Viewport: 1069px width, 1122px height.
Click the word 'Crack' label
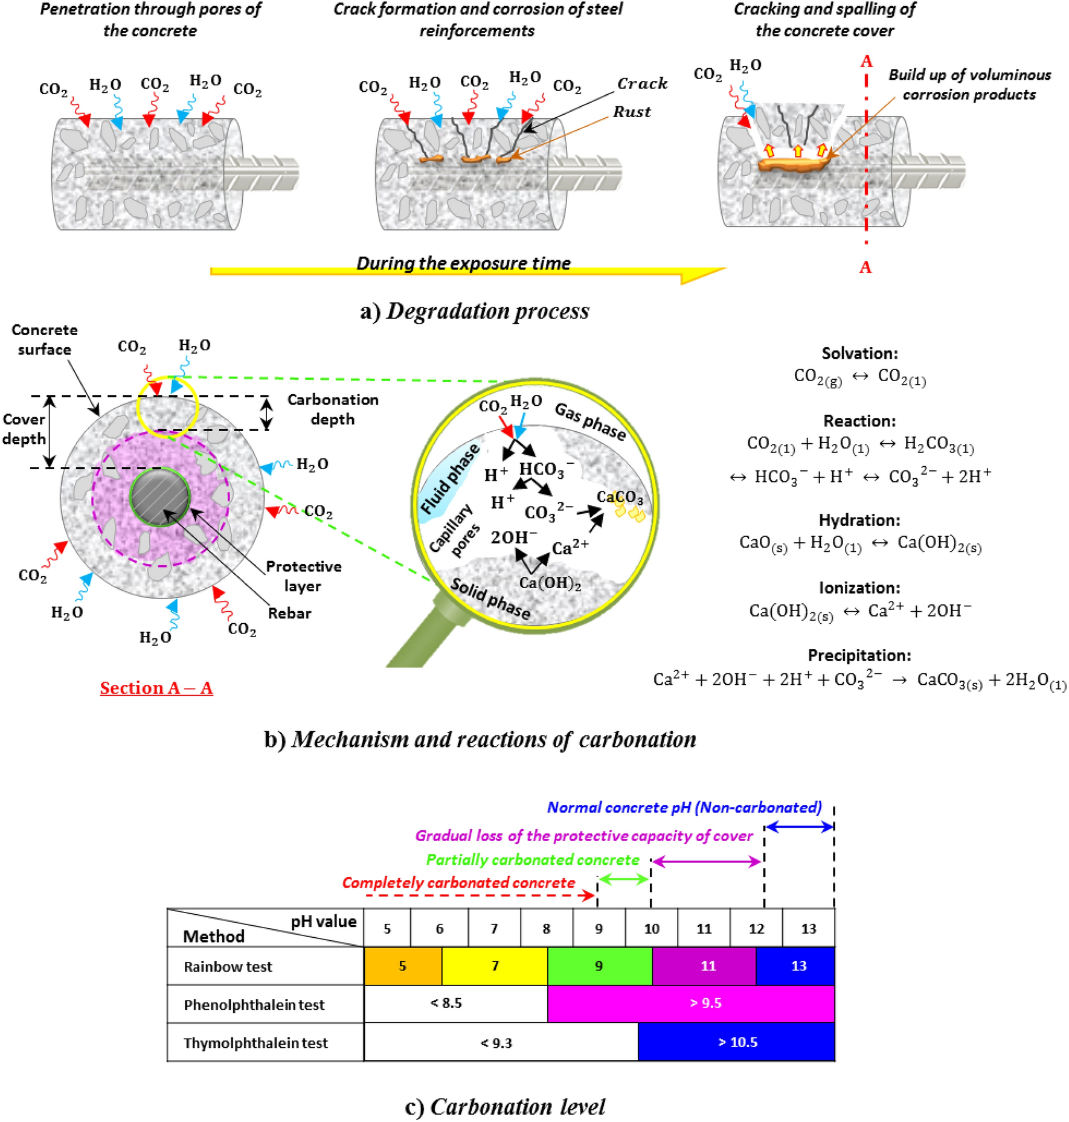(x=642, y=83)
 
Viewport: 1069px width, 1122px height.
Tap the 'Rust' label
(x=632, y=112)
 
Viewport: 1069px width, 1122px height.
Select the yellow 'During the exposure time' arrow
(x=465, y=271)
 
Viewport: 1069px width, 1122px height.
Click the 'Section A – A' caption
(x=156, y=688)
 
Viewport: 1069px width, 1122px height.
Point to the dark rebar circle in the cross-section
(x=160, y=496)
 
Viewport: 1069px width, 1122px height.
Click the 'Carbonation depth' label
(x=333, y=409)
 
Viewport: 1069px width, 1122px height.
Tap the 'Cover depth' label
(x=24, y=429)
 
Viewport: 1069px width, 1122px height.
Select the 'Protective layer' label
(x=303, y=576)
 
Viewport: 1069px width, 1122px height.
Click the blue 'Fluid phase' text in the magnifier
(x=450, y=479)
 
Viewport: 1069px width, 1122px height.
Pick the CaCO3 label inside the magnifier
(x=620, y=497)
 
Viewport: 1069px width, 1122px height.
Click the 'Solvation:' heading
(x=859, y=353)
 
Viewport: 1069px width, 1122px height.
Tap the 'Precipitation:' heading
(x=859, y=655)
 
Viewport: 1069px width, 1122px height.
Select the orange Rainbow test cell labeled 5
(x=402, y=966)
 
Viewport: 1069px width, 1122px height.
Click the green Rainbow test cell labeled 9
(x=599, y=966)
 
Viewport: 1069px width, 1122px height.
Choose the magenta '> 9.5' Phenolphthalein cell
(x=705, y=1003)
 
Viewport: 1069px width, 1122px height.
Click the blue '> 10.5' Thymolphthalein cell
(x=737, y=1042)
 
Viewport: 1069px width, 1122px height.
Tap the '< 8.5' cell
(x=446, y=1003)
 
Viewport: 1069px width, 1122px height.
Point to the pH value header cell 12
(x=756, y=929)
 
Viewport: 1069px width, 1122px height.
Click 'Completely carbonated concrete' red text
(x=458, y=882)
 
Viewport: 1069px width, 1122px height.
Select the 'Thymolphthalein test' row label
(x=255, y=1043)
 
